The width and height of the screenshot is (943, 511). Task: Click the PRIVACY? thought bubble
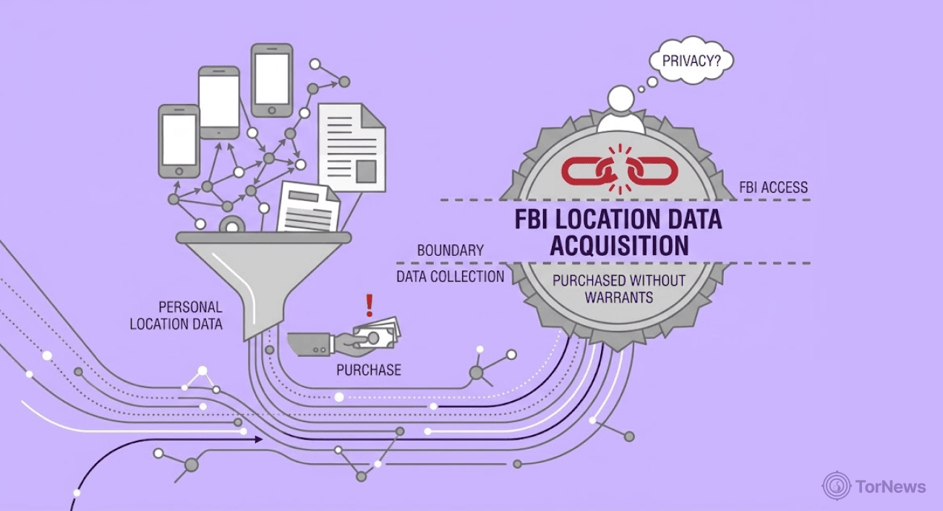(691, 61)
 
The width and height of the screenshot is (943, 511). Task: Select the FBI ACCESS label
(773, 187)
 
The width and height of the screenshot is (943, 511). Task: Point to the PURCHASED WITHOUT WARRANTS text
(618, 288)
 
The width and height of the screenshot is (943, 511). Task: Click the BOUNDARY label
(450, 251)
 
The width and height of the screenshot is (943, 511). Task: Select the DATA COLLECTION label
(450, 277)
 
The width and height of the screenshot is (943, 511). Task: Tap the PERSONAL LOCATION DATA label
(176, 316)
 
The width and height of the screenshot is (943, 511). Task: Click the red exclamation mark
(370, 306)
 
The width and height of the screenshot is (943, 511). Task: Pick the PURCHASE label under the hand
(368, 370)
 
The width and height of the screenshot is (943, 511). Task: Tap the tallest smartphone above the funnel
(272, 80)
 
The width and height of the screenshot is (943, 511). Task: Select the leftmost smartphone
(179, 141)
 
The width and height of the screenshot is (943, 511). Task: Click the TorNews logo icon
(836, 486)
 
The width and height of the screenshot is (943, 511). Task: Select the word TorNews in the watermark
(889, 486)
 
